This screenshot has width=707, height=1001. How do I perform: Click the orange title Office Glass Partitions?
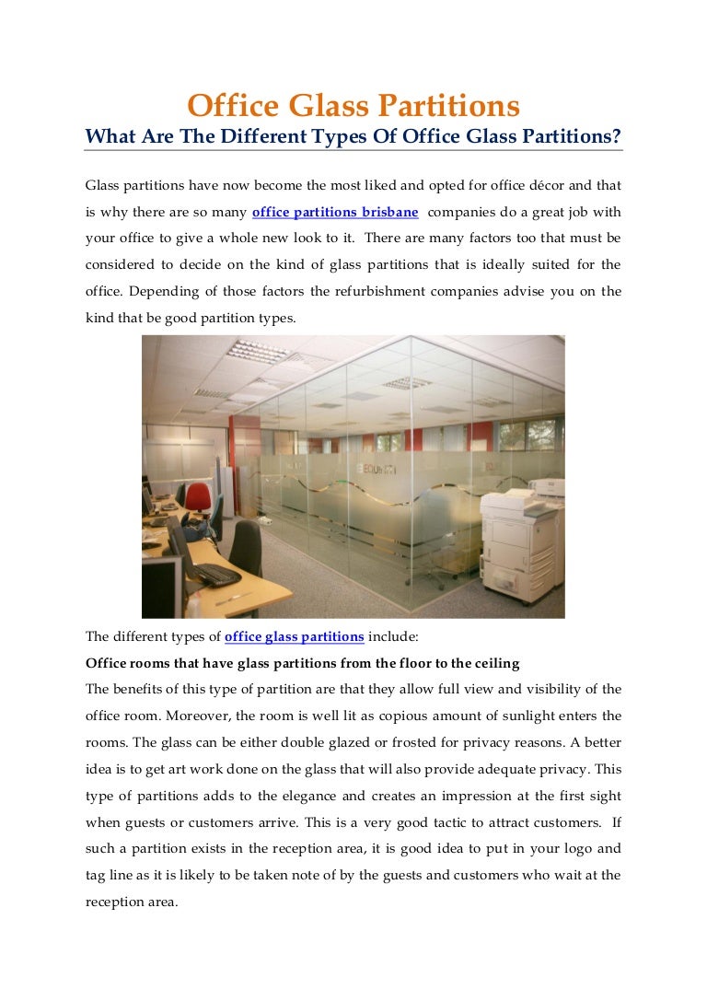click(x=353, y=106)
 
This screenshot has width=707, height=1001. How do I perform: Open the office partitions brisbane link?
click(x=335, y=212)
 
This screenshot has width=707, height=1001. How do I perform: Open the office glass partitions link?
click(x=295, y=636)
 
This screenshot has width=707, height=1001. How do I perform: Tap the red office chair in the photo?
click(x=197, y=498)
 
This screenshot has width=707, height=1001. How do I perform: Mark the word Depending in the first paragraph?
click(x=162, y=292)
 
